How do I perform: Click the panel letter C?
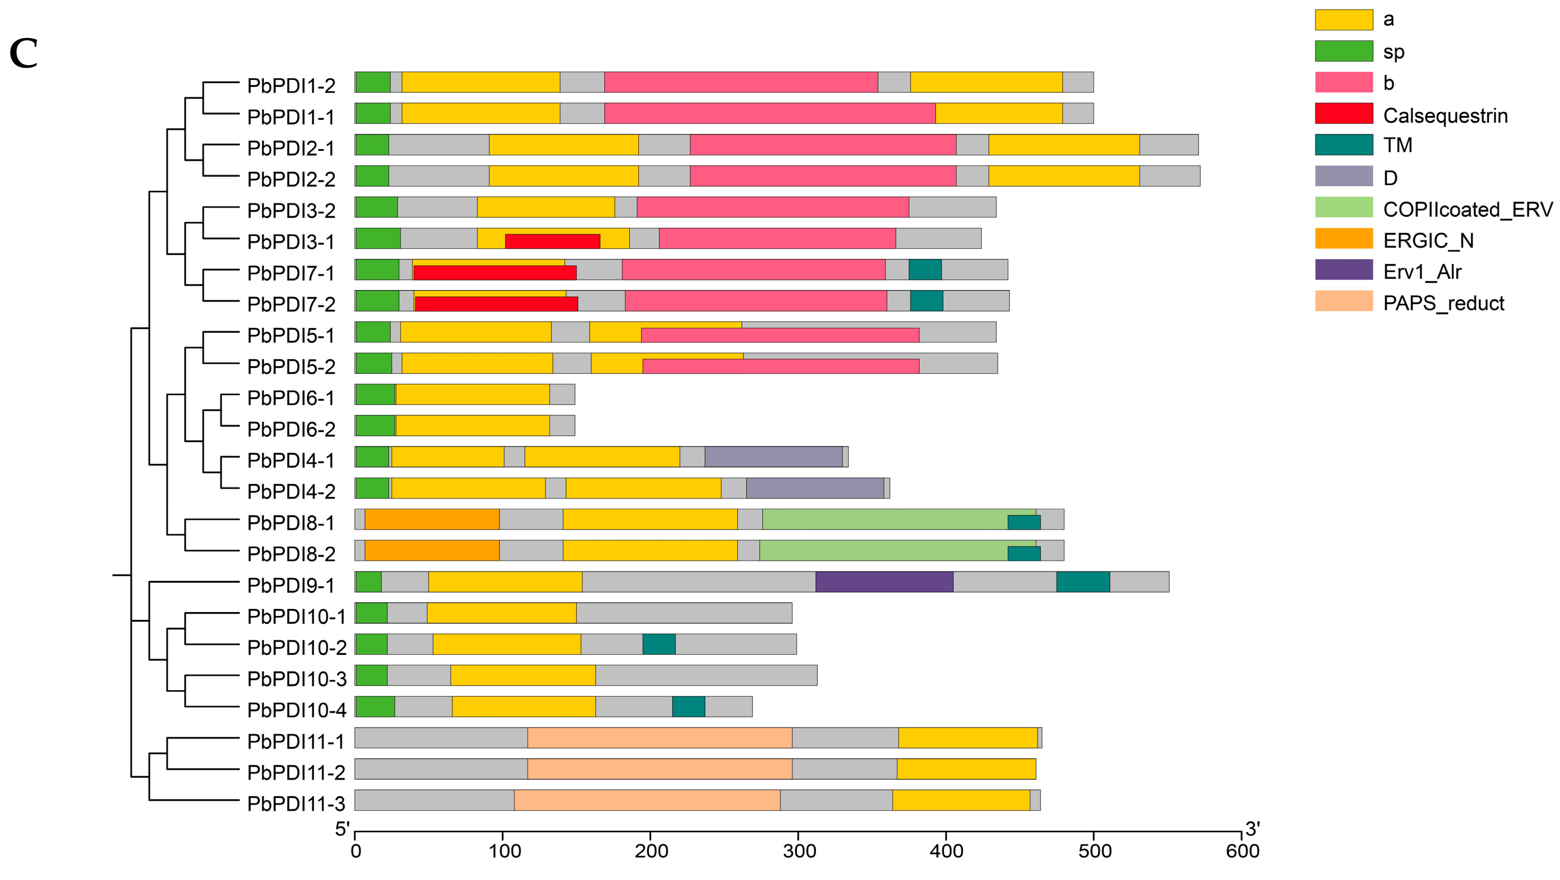point(24,53)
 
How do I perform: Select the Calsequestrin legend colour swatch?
point(1343,113)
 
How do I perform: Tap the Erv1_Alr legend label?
point(1422,272)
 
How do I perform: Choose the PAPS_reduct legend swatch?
point(1343,301)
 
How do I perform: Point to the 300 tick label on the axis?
point(799,851)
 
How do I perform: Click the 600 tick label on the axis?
point(1242,851)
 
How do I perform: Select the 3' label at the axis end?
point(1252,828)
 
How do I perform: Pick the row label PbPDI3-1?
point(291,242)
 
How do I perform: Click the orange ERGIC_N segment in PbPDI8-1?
point(432,519)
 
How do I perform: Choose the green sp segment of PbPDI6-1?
point(375,394)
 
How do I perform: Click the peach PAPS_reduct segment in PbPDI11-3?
point(647,800)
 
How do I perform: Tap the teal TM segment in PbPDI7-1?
point(924,270)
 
